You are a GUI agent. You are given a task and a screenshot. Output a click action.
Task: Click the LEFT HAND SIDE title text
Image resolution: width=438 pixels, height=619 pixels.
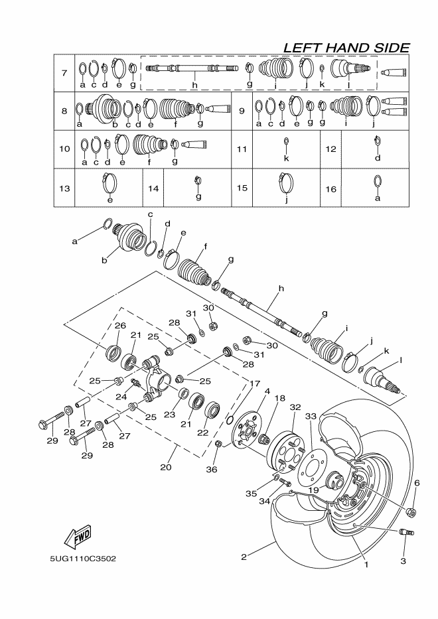(346, 48)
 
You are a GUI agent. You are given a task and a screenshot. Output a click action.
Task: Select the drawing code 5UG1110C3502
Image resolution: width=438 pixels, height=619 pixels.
(82, 558)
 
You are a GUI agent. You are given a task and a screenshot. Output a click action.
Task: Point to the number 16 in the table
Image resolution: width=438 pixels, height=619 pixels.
(331, 188)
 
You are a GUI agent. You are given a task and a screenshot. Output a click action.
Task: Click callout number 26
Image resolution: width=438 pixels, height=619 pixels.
(120, 326)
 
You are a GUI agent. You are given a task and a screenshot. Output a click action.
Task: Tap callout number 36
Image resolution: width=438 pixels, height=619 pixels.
(211, 470)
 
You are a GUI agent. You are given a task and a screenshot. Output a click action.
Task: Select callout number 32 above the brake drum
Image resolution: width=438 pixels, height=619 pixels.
(295, 407)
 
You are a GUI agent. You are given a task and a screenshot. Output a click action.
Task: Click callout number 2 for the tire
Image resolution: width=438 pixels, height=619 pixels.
(244, 557)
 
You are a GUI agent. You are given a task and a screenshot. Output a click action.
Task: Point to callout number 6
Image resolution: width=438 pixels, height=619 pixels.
(416, 484)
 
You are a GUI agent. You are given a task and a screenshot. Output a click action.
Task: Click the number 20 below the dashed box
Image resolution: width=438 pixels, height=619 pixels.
(166, 467)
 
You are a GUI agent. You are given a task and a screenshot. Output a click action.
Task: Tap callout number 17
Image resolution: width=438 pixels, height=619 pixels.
(255, 383)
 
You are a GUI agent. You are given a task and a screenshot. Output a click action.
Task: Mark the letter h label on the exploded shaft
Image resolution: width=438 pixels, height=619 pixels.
(281, 289)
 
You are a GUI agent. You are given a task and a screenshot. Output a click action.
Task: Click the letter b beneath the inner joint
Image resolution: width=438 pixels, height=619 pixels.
(104, 261)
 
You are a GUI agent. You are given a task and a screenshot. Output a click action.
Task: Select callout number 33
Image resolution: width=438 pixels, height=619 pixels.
(326, 416)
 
